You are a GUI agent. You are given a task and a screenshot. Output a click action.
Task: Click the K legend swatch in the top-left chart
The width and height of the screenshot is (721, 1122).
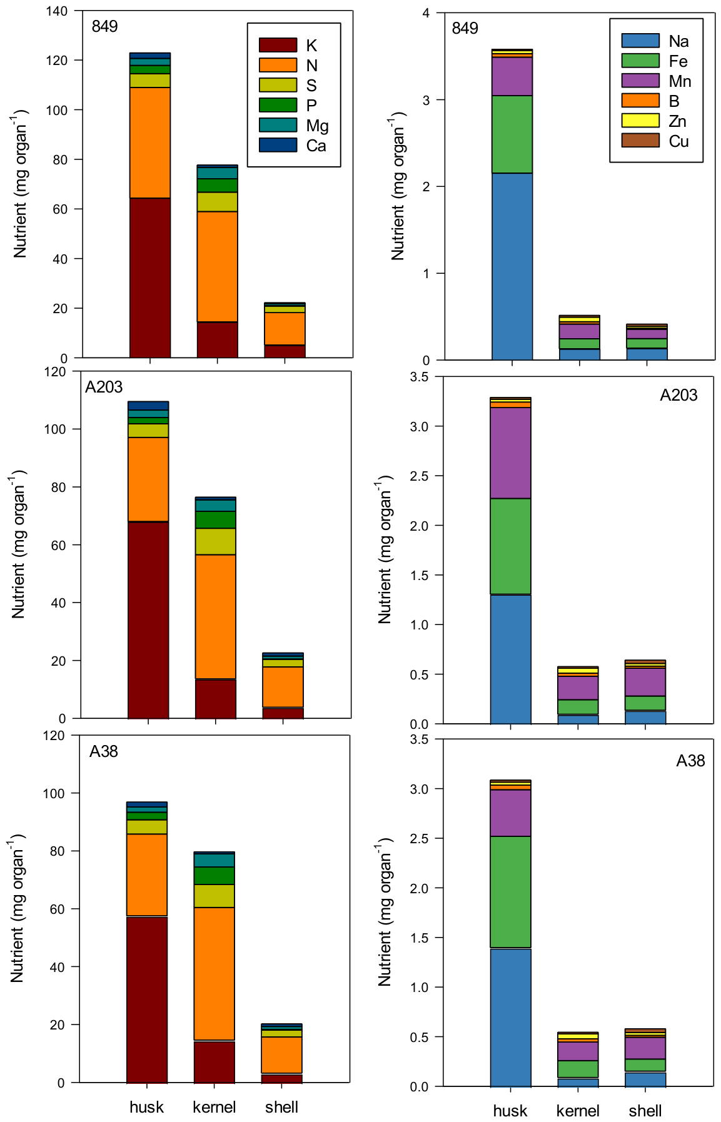(x=278, y=45)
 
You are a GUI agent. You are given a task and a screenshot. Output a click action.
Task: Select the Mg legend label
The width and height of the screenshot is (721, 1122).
(x=317, y=126)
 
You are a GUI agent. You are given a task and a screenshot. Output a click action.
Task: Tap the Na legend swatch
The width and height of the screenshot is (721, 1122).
(x=640, y=41)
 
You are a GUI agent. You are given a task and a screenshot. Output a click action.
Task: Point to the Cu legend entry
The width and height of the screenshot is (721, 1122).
(x=655, y=141)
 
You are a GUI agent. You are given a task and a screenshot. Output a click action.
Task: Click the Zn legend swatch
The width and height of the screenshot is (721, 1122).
(x=640, y=121)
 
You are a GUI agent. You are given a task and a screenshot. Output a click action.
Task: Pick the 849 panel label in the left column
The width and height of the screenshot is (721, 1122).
(x=104, y=26)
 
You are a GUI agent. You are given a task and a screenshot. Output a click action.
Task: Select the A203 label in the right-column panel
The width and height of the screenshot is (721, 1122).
(x=678, y=395)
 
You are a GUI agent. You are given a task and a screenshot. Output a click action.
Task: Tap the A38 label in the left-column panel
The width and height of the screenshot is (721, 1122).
(x=104, y=751)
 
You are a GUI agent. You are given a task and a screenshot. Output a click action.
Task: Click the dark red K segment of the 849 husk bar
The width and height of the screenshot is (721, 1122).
(x=150, y=278)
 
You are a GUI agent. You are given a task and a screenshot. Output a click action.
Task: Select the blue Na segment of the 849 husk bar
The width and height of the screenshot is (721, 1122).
(x=512, y=266)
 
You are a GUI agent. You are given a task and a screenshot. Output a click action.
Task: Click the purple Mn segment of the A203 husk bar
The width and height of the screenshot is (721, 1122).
(x=511, y=453)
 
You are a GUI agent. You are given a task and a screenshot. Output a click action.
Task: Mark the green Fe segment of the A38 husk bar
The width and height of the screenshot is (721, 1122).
(x=511, y=892)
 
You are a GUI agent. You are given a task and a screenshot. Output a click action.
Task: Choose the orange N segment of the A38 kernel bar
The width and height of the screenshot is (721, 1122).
(x=214, y=974)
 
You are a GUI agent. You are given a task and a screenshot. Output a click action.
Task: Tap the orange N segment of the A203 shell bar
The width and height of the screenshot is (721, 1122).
(x=283, y=687)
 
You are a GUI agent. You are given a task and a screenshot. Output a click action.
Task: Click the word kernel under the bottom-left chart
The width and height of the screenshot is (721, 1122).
(x=214, y=1107)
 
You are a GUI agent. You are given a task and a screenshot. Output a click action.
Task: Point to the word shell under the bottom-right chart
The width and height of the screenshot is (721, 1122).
(x=645, y=1111)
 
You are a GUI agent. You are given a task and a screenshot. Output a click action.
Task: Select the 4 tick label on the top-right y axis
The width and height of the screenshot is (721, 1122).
(x=426, y=13)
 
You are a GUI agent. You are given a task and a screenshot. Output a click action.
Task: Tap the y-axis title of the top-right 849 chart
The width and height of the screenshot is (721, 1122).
(x=398, y=186)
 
